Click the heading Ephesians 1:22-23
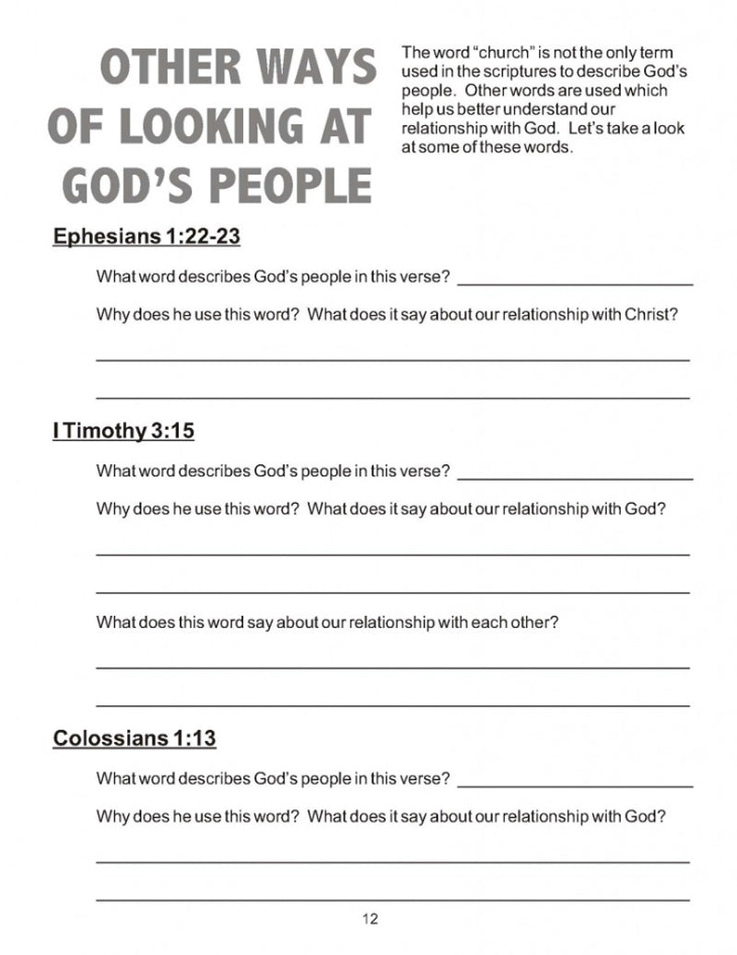(146, 237)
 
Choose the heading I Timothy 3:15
(123, 430)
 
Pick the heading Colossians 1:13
(135, 738)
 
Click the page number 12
(370, 918)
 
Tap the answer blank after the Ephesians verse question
(575, 284)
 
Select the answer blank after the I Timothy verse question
(575, 478)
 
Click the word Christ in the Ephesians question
(651, 314)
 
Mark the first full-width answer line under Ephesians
(392, 359)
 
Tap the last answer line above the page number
(392, 899)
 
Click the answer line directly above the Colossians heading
(392, 705)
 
